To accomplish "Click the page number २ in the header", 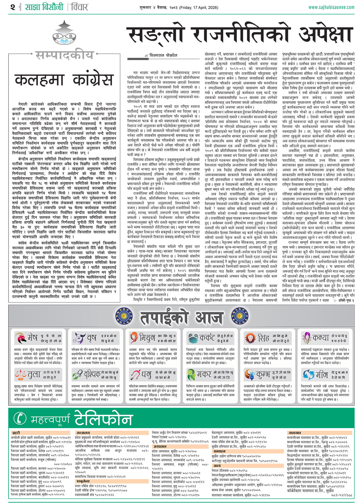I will pyautogui.click(x=12, y=7).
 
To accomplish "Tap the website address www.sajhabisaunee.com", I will pyautogui.click(x=331, y=7).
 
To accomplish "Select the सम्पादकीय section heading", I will pyautogui.click(x=64, y=55).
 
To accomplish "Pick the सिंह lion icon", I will pyautogui.click(x=250, y=338).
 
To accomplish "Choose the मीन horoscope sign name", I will pyautogui.click(x=322, y=375).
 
